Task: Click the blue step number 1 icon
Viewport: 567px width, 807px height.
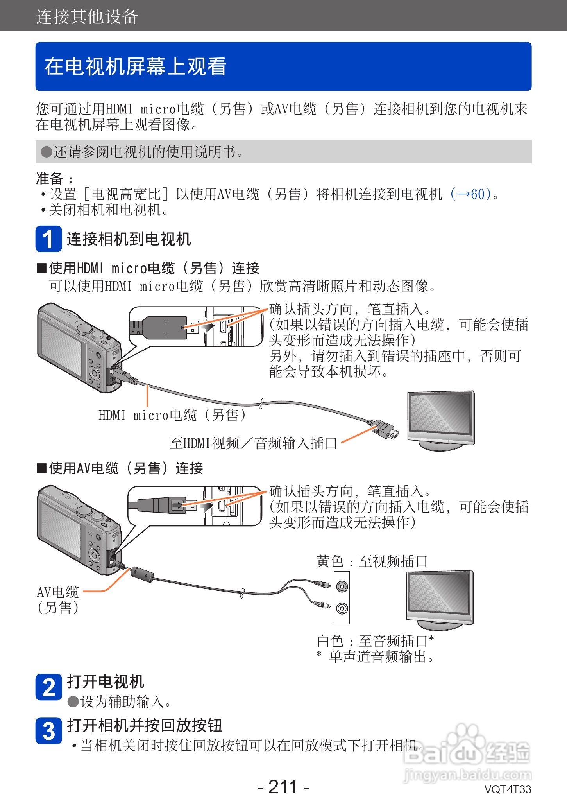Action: coord(48,239)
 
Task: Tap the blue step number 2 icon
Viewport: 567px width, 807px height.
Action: coord(48,687)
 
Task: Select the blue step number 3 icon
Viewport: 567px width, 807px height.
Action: coord(48,731)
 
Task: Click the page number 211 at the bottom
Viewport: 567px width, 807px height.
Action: coord(283,787)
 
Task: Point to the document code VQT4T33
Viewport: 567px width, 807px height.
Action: coord(508,789)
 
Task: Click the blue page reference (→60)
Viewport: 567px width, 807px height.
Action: coord(470,194)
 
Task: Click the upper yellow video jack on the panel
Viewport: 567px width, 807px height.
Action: coord(342,586)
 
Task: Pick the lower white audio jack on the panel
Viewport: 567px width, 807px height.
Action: coord(342,608)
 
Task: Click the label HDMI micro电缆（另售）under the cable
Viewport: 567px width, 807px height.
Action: coord(172,415)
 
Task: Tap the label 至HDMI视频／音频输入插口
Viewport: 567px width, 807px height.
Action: coord(254,443)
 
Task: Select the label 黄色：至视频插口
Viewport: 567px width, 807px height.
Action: coord(372,561)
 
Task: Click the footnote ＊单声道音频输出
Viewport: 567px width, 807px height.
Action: coord(376,657)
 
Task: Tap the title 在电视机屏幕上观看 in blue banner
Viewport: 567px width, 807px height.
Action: coord(135,66)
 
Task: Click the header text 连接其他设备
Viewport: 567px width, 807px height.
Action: coord(87,17)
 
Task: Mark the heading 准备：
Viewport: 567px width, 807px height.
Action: coord(54,179)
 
